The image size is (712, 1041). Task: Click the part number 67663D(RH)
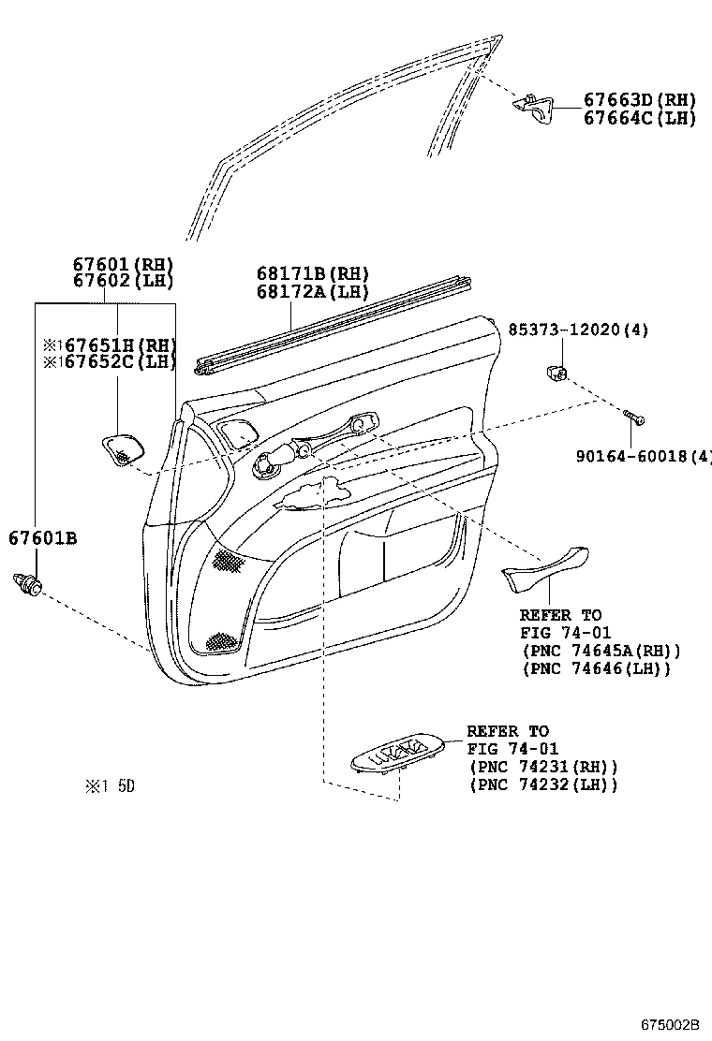tap(640, 100)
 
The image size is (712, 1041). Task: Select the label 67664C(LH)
tap(640, 118)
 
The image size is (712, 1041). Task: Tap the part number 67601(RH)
tap(124, 264)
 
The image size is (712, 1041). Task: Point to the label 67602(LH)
tap(124, 281)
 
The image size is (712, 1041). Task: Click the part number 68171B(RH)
tap(313, 273)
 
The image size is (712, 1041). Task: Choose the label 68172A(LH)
tap(313, 291)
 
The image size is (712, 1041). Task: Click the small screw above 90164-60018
tap(634, 418)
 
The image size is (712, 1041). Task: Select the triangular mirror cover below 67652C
tap(123, 447)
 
